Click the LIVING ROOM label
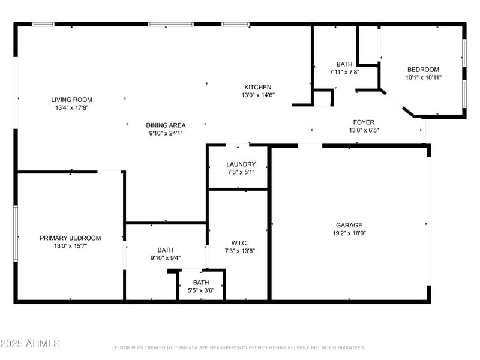pyautogui.click(x=71, y=100)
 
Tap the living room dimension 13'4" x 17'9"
pyautogui.click(x=71, y=108)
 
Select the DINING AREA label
pyautogui.click(x=166, y=125)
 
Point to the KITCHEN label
pyautogui.click(x=257, y=87)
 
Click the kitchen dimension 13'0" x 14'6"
pyautogui.click(x=257, y=95)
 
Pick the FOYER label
pyautogui.click(x=364, y=122)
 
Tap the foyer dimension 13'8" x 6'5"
pyautogui.click(x=364, y=130)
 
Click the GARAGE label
pyautogui.click(x=349, y=225)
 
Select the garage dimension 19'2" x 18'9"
pyautogui.click(x=349, y=233)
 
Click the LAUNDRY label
pyautogui.click(x=241, y=164)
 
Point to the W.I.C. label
pyautogui.click(x=240, y=243)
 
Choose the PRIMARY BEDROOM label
pyautogui.click(x=70, y=238)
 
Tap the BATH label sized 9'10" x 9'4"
pyautogui.click(x=166, y=250)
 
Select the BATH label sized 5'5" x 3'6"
pyautogui.click(x=201, y=283)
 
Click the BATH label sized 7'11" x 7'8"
pyautogui.click(x=344, y=64)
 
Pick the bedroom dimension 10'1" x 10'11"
pyautogui.click(x=423, y=77)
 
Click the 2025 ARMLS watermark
pyautogui.click(x=30, y=344)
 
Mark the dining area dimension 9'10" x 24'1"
pyautogui.click(x=166, y=134)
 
